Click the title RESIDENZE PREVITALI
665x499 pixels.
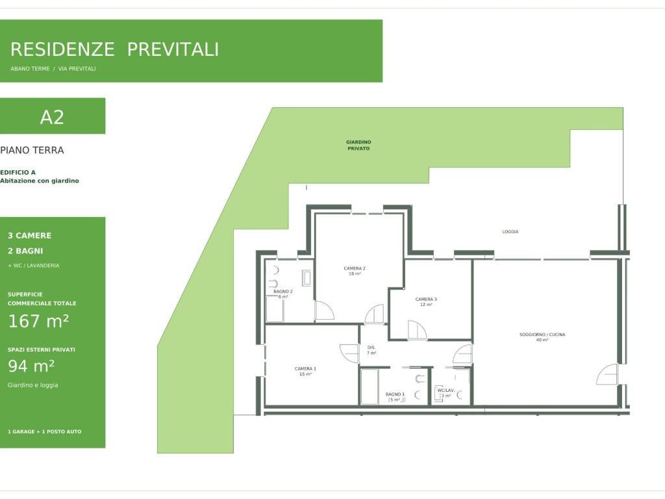pos(114,49)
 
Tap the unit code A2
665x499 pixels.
pos(52,117)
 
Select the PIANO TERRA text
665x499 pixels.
pos(32,150)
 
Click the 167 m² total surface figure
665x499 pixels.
pos(38,321)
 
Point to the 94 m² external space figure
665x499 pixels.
pos(31,366)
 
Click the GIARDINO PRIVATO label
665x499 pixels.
pos(358,145)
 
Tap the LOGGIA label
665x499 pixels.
pos(510,232)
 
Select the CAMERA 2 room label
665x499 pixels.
pos(355,268)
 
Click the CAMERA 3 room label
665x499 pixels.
pos(426,299)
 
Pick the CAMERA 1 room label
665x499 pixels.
pos(305,369)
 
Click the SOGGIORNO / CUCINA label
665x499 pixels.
pos(542,335)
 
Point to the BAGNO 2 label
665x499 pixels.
pos(283,292)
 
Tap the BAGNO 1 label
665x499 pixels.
pos(395,394)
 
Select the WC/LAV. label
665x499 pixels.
pos(445,390)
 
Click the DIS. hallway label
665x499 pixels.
pos(371,348)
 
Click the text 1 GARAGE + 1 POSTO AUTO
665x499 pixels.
pos(45,431)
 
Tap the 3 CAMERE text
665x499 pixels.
pos(29,235)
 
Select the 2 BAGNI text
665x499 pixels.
pos(25,251)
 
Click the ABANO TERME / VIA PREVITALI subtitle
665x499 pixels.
pos(53,69)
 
